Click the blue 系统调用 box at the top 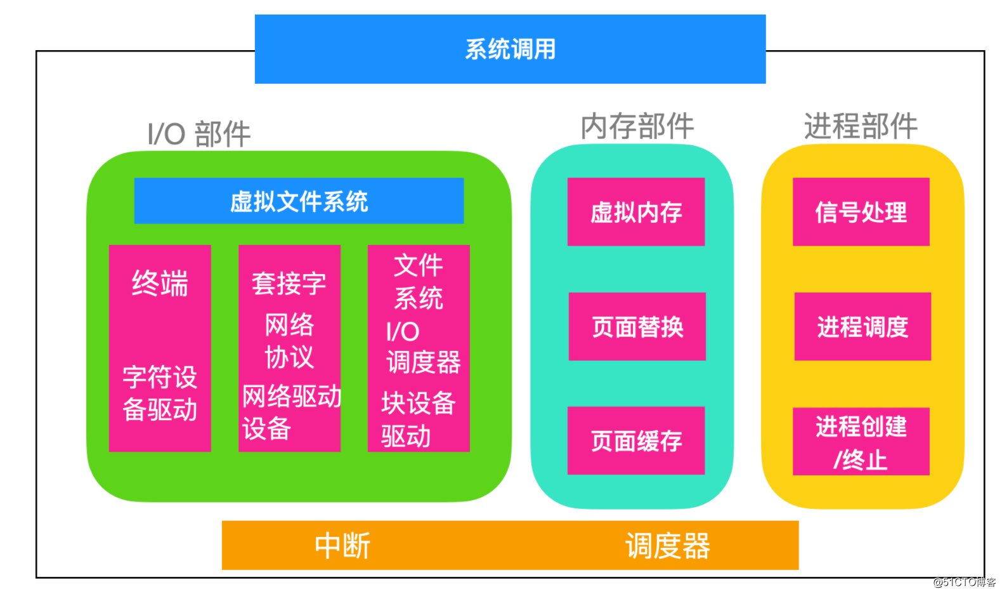510,49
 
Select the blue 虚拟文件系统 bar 299,201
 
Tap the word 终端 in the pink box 160,283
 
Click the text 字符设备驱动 160,393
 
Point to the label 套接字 289,283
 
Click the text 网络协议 289,341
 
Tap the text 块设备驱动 417,419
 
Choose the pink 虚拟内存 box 636,212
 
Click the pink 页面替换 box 637,327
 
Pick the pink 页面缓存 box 636,440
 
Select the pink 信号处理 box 861,212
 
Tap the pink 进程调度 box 862,327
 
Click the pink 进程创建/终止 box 861,442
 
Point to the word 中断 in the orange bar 342,546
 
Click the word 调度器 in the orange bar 667,546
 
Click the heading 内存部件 637,126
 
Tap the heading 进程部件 861,126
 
